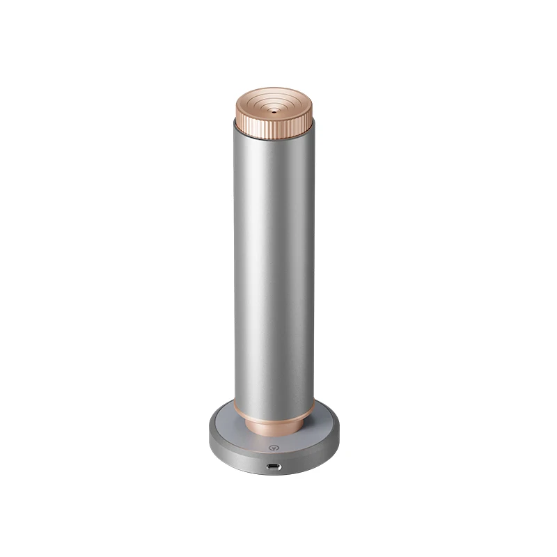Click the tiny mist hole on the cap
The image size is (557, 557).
[x=274, y=110]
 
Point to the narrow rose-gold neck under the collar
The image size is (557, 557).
[x=274, y=426]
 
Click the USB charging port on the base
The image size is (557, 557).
[x=274, y=466]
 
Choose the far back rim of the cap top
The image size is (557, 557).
[x=274, y=88]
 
